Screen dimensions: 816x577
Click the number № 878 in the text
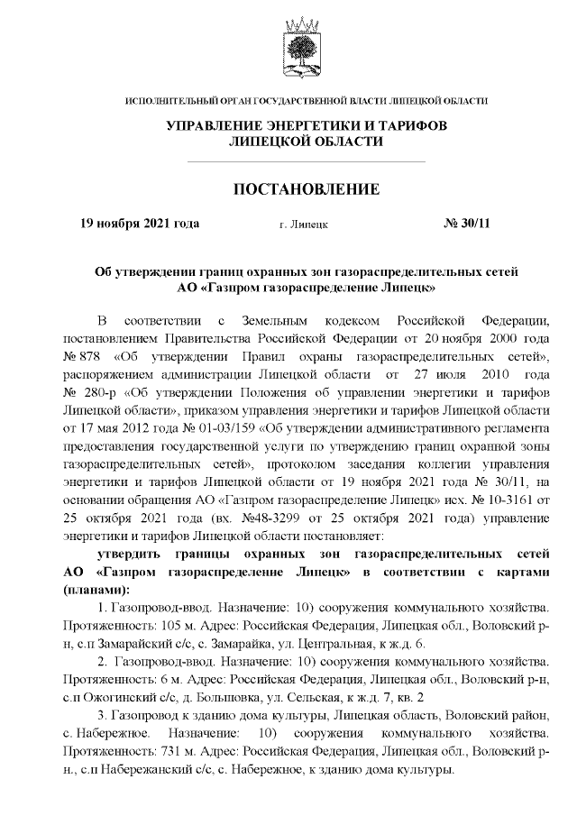(79, 358)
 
